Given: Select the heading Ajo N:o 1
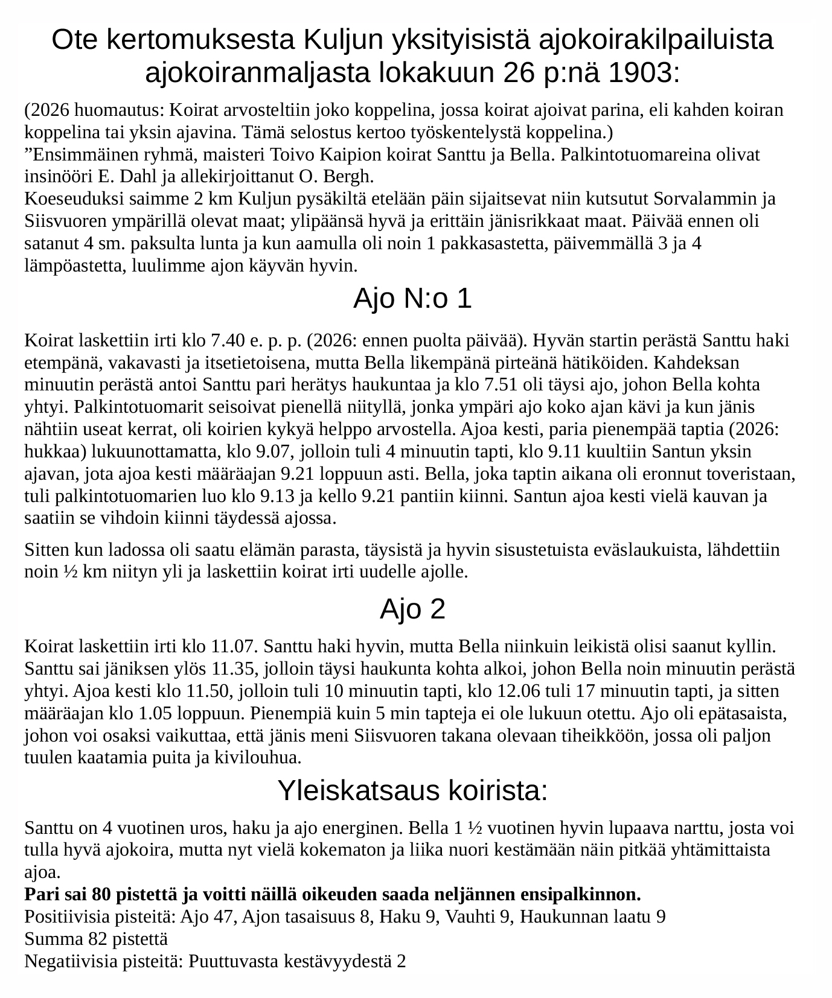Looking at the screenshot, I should click(412, 299).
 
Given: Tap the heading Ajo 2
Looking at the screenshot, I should click(412, 609).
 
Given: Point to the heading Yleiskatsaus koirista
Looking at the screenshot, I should click(412, 790).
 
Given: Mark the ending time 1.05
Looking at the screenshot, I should click(155, 714).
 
